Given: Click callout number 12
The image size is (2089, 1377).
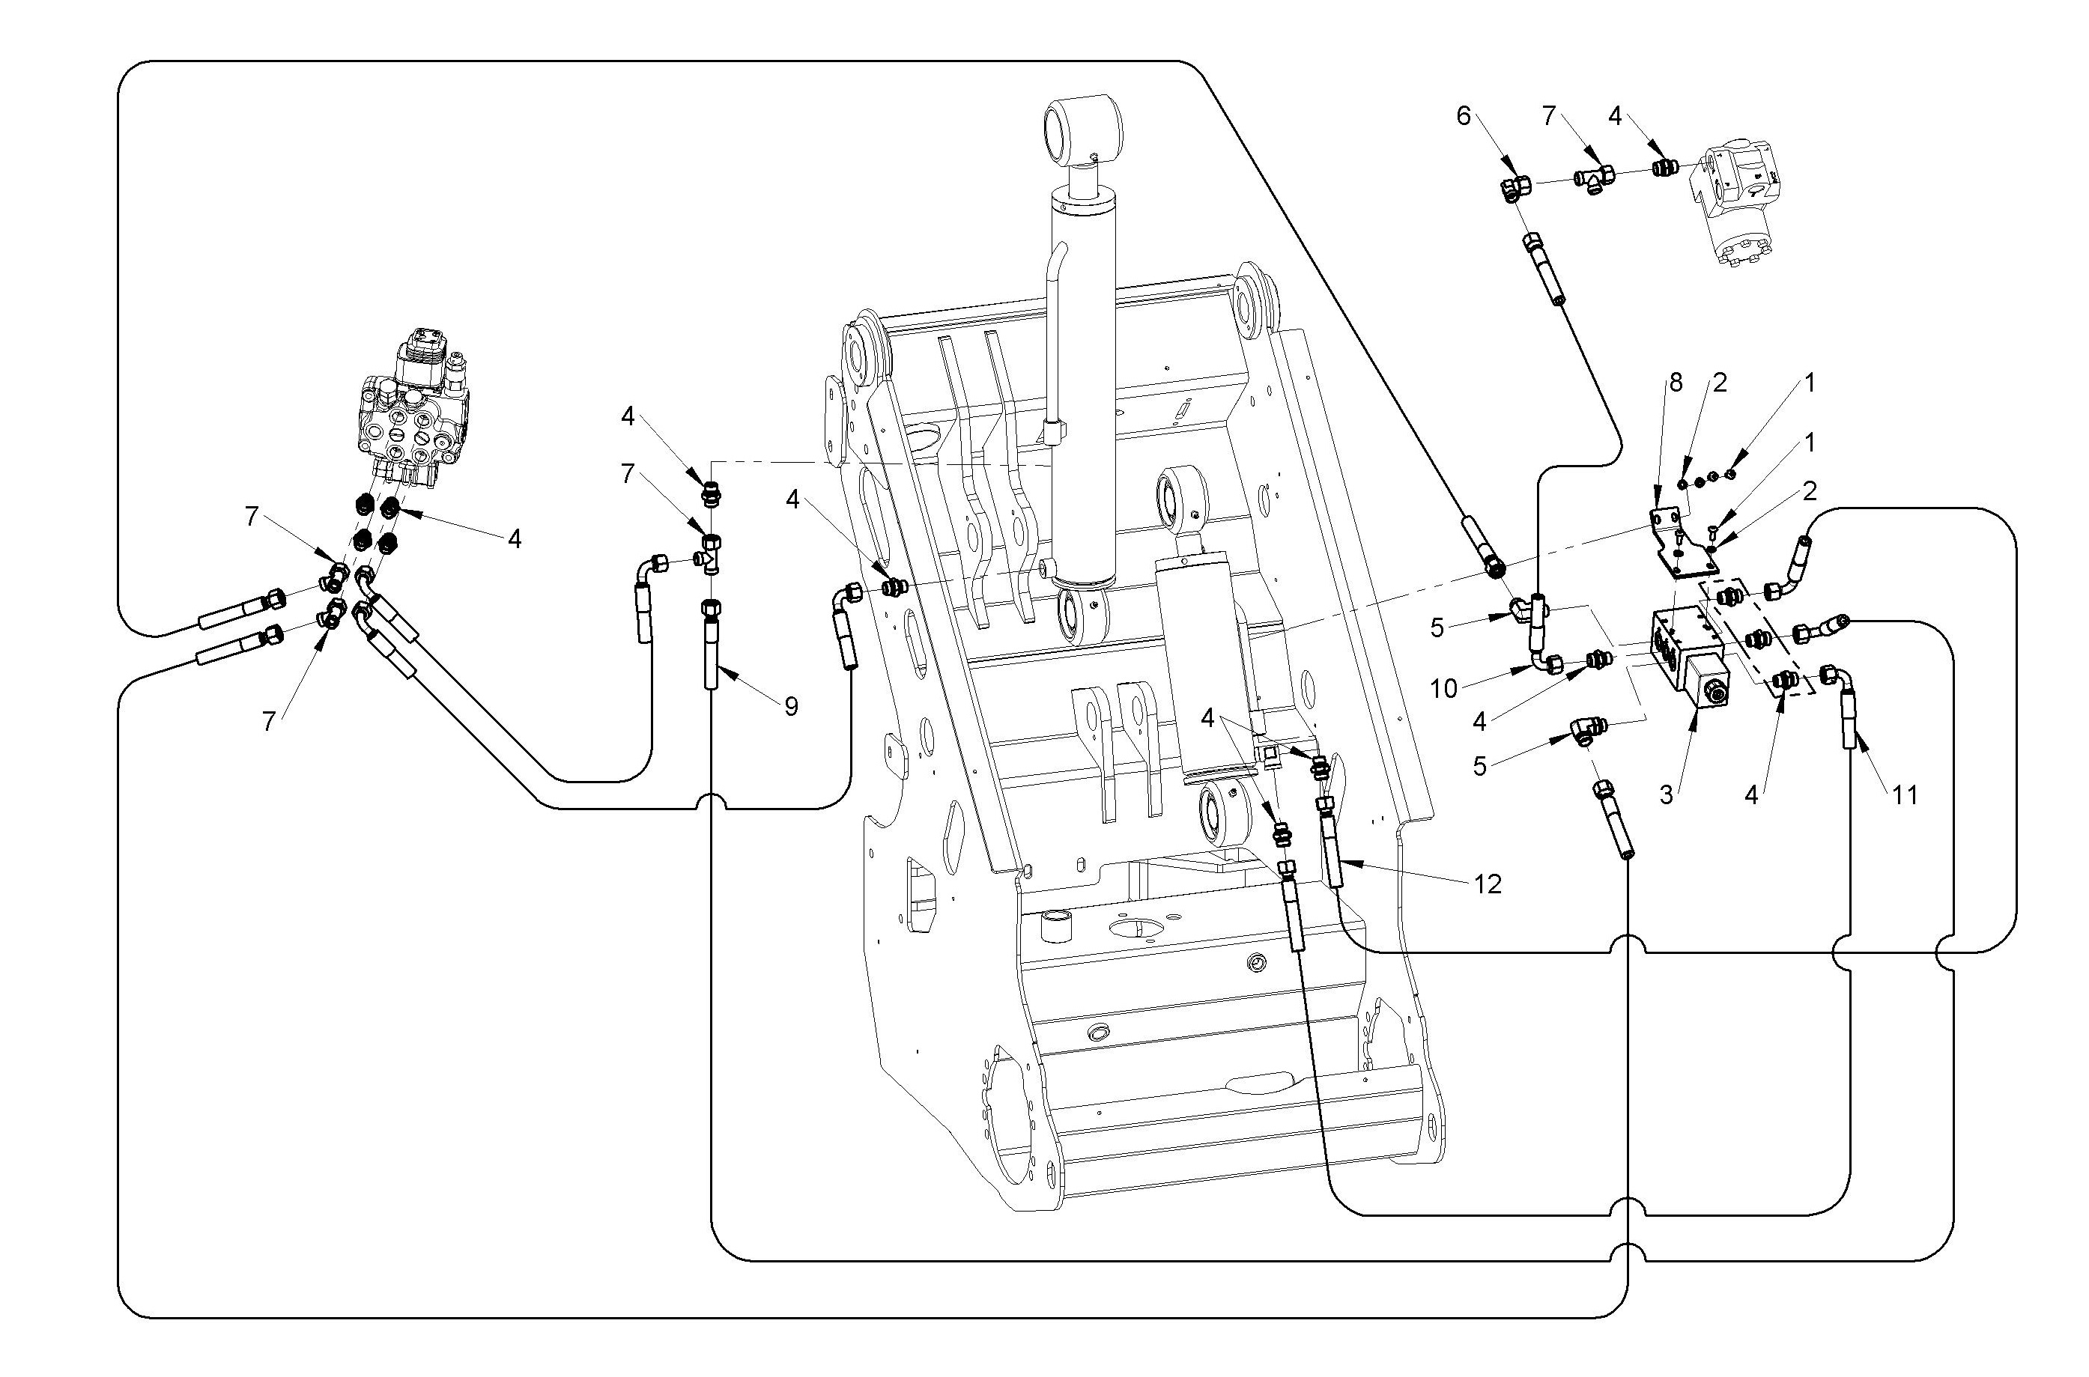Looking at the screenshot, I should [x=1488, y=884].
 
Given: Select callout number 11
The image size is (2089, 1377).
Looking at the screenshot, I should [x=1905, y=794].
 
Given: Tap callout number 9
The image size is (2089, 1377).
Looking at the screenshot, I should [x=792, y=706].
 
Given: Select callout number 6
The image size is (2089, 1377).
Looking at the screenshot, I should [x=1464, y=117].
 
